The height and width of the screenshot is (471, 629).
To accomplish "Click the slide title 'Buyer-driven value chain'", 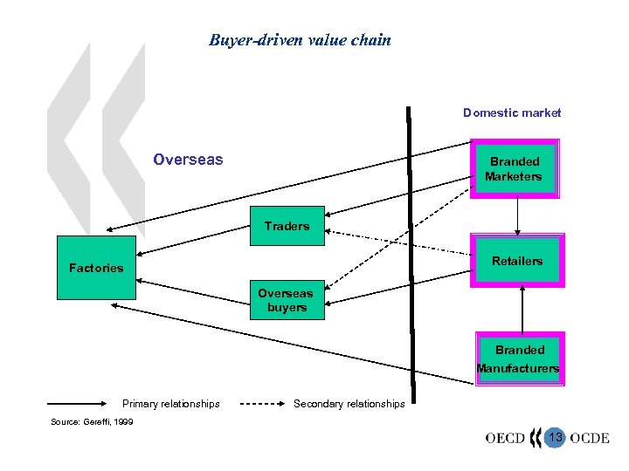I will pos(300,40).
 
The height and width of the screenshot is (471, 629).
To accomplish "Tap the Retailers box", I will pos(517,261).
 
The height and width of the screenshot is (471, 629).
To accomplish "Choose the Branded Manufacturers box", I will pos(518,358).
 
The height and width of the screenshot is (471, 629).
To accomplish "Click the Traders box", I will pos(287,226).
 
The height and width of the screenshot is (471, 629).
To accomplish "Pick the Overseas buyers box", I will pos(287,300).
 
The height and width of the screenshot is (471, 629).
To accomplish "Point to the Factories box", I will pos(96,268).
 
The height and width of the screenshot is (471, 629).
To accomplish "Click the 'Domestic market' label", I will pos(512,113).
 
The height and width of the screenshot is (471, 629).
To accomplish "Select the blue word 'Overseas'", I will pos(188,160).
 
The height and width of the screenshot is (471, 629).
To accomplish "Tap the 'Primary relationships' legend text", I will pos(171,404).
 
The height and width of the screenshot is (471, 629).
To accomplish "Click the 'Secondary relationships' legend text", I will pos(349,404).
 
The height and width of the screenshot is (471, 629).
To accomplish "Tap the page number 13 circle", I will pos(555,436).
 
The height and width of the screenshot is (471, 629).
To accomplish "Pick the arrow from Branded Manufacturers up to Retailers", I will pos(522,310).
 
